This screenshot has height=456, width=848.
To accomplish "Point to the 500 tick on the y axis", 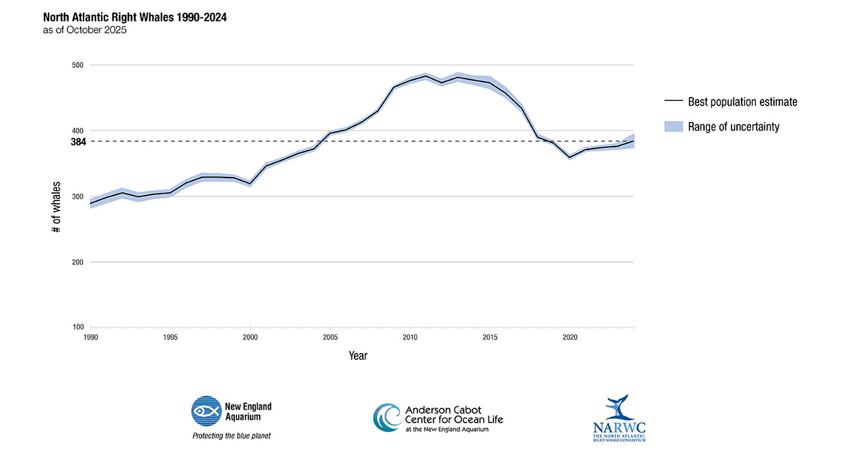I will (x=77, y=65).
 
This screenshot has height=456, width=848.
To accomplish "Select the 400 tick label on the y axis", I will (x=77, y=130).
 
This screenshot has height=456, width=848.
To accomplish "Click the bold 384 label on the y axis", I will (x=78, y=142).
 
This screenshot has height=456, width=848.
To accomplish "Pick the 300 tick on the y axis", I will (x=77, y=196).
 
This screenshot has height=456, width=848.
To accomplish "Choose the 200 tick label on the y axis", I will (x=77, y=262).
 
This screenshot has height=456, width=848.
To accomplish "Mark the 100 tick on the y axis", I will (x=77, y=328).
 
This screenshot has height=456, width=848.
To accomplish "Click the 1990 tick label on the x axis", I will (x=91, y=337).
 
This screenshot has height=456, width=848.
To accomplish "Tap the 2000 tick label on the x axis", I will (x=250, y=337).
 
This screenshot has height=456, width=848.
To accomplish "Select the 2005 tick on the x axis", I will (x=330, y=337).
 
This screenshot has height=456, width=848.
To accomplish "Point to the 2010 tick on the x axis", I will (x=410, y=337).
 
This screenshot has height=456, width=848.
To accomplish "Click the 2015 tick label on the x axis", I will (x=490, y=337).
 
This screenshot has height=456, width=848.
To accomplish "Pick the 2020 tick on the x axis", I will (x=570, y=337).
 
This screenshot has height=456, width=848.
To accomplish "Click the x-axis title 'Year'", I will (x=358, y=356).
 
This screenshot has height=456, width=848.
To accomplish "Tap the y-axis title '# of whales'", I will (x=57, y=207).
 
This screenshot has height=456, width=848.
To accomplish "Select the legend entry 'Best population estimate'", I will (x=742, y=102).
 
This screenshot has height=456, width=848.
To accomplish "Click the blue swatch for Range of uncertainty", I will (x=673, y=126).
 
